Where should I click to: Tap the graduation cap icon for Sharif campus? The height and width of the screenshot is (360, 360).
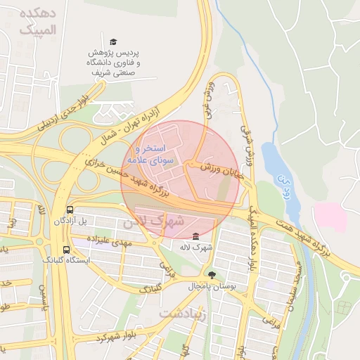pos(114,42)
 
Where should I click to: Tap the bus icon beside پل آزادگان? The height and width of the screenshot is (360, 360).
pos(70,210)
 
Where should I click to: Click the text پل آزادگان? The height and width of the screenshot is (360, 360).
pos(72,221)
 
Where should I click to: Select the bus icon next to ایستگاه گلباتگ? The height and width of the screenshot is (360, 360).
pos(66,250)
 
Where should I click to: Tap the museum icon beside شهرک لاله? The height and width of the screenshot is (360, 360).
pos(195,236)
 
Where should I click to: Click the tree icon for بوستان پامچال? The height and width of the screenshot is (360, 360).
pos(212,275)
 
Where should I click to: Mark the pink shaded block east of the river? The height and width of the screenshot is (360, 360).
pos(330,217)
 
